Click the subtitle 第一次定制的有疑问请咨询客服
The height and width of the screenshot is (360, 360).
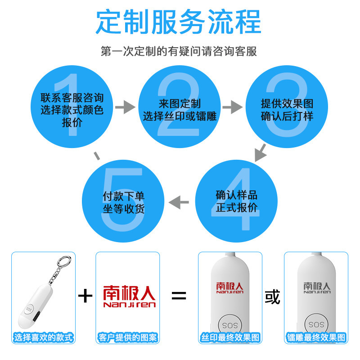179,51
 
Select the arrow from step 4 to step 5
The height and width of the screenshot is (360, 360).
179,202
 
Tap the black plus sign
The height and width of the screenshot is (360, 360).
85,296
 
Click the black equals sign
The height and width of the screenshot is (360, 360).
179,296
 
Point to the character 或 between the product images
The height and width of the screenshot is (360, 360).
273,297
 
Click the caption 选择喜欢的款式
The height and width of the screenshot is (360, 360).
43,337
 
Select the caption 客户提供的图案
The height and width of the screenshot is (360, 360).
128,337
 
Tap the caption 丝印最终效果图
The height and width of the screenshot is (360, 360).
230,337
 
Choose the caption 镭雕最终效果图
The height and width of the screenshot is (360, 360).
316,337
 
